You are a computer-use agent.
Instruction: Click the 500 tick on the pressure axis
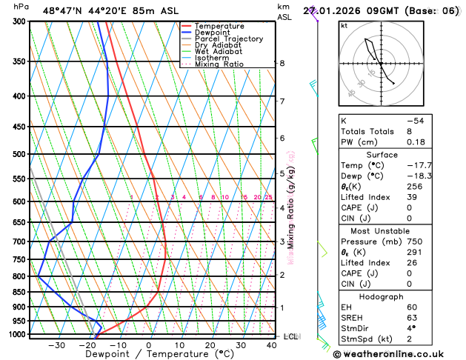click(x=20, y=154)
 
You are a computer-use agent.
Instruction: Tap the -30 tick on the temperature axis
click(x=56, y=345)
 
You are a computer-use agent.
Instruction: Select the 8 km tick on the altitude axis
click(x=282, y=64)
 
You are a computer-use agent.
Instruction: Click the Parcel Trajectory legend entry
click(x=228, y=39)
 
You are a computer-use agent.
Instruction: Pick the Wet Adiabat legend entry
click(x=218, y=52)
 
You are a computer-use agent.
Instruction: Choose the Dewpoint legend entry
click(x=213, y=33)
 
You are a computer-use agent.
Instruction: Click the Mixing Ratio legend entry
click(x=219, y=64)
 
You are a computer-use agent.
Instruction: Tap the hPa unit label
click(x=21, y=7)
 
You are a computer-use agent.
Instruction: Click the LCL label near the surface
click(x=292, y=336)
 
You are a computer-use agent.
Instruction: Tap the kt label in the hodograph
click(x=344, y=26)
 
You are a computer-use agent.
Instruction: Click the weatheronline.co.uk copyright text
click(x=397, y=353)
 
